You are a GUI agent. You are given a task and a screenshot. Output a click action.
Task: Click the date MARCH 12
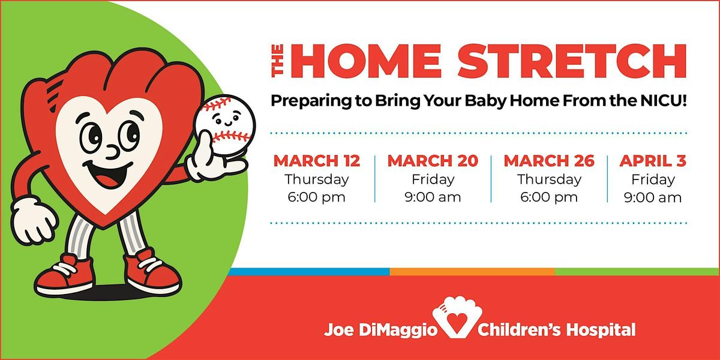pos(317,161)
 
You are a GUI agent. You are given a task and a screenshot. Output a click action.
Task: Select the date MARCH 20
pos(433,161)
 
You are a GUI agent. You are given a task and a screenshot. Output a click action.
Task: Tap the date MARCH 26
pos(549,161)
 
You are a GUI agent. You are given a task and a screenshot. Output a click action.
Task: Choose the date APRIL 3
pos(653,161)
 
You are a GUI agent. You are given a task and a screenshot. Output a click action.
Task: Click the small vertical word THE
pos(277,61)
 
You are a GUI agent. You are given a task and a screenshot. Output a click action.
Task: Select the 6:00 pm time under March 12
pos(317,197)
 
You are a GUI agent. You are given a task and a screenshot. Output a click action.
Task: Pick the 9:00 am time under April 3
pos(653,197)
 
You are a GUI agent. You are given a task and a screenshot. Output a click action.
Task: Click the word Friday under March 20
pos(433,179)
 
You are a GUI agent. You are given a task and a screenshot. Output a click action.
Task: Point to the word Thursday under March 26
pos(550,179)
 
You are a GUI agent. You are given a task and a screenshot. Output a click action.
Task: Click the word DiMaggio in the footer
pos(398,330)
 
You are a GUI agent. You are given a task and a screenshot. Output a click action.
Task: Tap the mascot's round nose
pos(113,152)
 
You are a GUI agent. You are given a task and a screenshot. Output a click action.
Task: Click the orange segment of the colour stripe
pos(472,272)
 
